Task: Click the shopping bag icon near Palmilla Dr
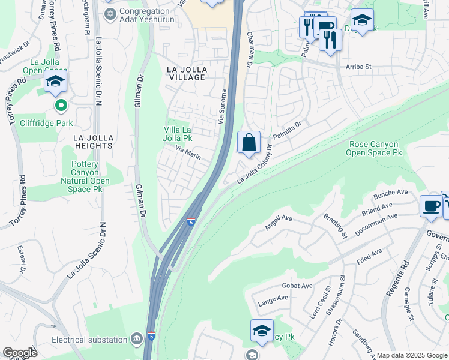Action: pyautogui.click(x=249, y=143)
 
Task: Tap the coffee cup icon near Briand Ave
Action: pyautogui.click(x=431, y=206)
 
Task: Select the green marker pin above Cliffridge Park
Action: pyautogui.click(x=61, y=106)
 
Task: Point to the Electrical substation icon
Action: pyautogui.click(x=136, y=339)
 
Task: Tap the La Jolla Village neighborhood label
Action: pyautogui.click(x=186, y=73)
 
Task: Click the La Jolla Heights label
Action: pyautogui.click(x=93, y=142)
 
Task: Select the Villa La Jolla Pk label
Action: pyautogui.click(x=178, y=134)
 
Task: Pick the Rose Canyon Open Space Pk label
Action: pyautogui.click(x=375, y=148)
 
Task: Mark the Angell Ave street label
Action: pyautogui.click(x=278, y=223)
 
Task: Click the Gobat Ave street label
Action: pyautogui.click(x=298, y=286)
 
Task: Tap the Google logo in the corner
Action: pyautogui.click(x=20, y=352)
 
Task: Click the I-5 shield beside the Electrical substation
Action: pyautogui.click(x=151, y=338)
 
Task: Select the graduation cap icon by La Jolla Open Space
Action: pyautogui.click(x=55, y=82)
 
